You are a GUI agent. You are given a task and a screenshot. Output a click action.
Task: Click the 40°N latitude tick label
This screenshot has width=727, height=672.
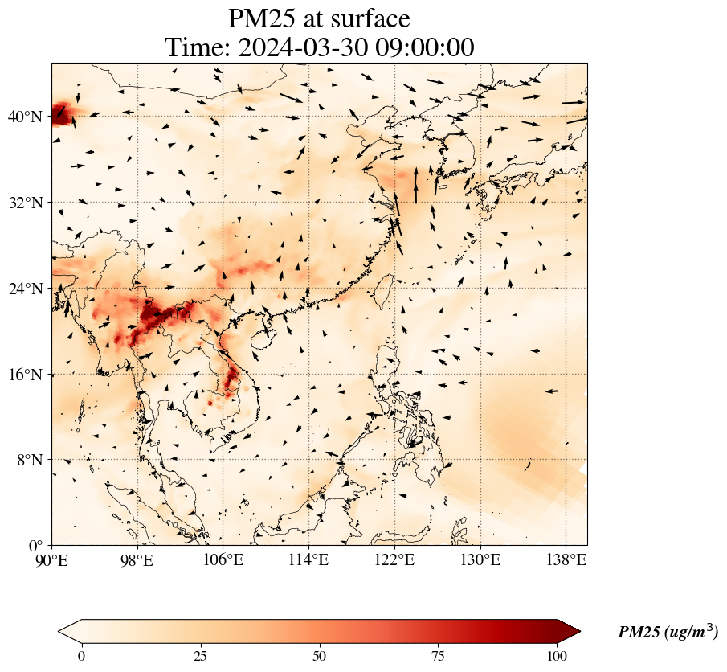pos(25,117)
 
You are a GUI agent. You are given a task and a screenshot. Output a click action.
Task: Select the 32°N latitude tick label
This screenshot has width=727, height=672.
pos(25,203)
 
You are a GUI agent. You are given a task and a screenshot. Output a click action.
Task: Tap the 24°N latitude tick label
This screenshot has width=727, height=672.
pos(25,289)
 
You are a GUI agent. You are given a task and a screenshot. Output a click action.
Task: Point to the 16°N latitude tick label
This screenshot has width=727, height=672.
pos(25,375)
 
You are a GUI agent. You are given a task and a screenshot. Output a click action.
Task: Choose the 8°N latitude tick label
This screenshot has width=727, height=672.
pos(29,460)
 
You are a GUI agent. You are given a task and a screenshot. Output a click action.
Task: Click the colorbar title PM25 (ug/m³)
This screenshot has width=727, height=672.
pos(668,633)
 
